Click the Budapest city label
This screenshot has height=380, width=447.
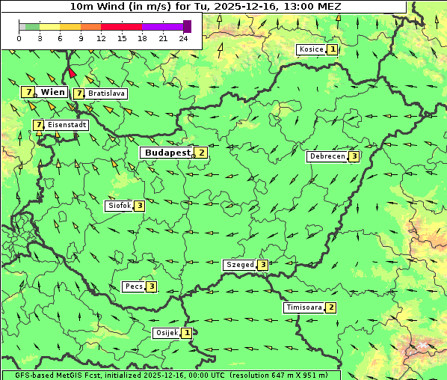(x=167, y=152)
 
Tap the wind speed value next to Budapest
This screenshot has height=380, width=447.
(x=201, y=152)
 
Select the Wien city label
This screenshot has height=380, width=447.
(x=52, y=92)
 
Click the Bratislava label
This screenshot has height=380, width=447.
(x=105, y=94)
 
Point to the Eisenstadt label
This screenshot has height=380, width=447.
(x=67, y=125)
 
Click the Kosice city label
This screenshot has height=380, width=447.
(x=310, y=49)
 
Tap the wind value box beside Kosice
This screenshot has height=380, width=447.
(x=332, y=49)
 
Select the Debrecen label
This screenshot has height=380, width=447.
(x=327, y=156)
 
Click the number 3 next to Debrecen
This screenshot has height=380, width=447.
(x=354, y=156)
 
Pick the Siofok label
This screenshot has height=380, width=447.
(x=119, y=205)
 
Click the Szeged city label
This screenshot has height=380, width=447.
(x=239, y=264)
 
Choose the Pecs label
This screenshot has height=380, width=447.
(x=134, y=286)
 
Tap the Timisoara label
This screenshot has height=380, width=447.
(x=303, y=307)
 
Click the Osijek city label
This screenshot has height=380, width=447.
(x=166, y=333)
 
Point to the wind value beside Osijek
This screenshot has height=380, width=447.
(x=187, y=333)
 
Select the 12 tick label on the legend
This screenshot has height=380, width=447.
(x=101, y=38)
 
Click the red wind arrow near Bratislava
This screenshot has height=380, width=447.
(x=71, y=73)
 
